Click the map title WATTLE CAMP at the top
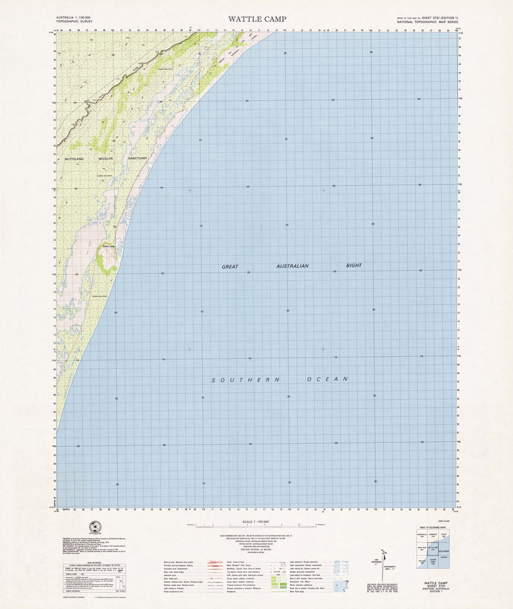click(x=256, y=19)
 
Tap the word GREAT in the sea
click(x=230, y=267)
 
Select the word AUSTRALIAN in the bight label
click(x=292, y=266)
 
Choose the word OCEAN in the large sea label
click(x=327, y=379)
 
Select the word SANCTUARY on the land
click(x=137, y=158)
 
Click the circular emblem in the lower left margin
click(x=94, y=527)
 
